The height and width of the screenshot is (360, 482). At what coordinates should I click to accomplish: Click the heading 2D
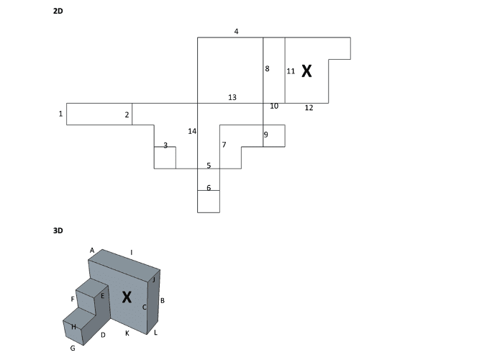(x=58, y=12)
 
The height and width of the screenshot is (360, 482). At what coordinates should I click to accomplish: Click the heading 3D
(x=58, y=231)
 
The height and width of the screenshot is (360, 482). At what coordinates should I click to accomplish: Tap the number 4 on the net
(x=236, y=32)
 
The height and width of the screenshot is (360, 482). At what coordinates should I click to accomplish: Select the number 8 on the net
(x=267, y=69)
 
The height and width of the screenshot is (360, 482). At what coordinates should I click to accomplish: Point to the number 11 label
(x=291, y=71)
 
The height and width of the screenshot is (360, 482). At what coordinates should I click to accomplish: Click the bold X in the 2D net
(x=306, y=71)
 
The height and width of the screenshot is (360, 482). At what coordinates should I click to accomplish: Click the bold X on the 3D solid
(x=127, y=296)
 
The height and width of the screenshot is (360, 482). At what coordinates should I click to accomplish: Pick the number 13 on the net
(x=232, y=97)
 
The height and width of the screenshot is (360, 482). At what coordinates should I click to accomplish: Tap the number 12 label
(x=309, y=108)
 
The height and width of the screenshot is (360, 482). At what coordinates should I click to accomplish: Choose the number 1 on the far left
(x=61, y=114)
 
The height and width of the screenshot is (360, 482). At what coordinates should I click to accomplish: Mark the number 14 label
(x=192, y=131)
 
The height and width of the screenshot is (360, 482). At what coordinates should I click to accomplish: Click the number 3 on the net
(x=165, y=145)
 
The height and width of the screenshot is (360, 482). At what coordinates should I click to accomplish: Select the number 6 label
(x=209, y=188)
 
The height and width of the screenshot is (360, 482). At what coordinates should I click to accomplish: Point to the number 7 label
(x=224, y=145)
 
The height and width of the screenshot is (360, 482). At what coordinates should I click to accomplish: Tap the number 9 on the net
(x=265, y=135)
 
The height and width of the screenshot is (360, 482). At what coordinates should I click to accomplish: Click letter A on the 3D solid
(x=92, y=250)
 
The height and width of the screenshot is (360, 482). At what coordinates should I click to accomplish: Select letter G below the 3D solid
(x=73, y=348)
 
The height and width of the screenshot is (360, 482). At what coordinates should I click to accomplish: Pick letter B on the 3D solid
(x=163, y=300)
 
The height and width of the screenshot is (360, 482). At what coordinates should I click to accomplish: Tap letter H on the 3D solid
(x=73, y=327)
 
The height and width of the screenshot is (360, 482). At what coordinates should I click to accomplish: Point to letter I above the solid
(x=132, y=252)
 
